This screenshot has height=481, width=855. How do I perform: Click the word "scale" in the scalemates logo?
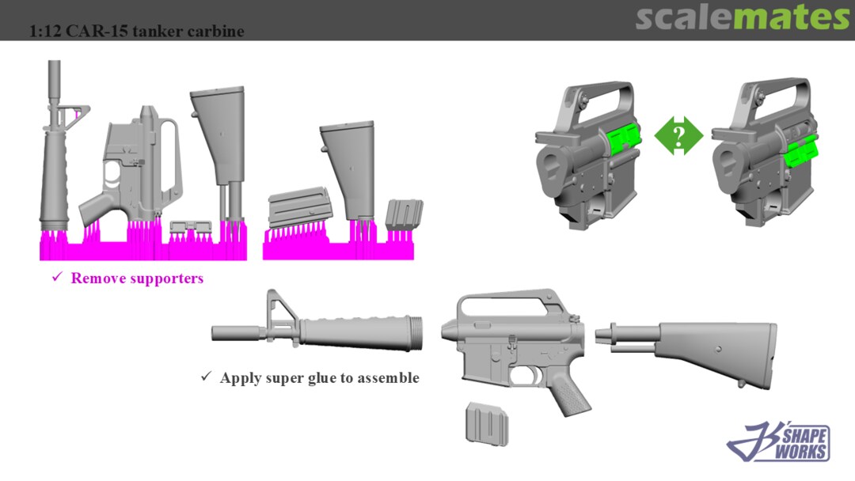coord(684,17)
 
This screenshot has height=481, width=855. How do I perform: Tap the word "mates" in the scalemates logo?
coord(791,17)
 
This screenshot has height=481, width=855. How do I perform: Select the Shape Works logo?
coord(779,441)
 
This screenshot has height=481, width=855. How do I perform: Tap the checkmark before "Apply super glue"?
coord(206,376)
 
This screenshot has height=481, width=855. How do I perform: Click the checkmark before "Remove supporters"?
coord(57,277)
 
